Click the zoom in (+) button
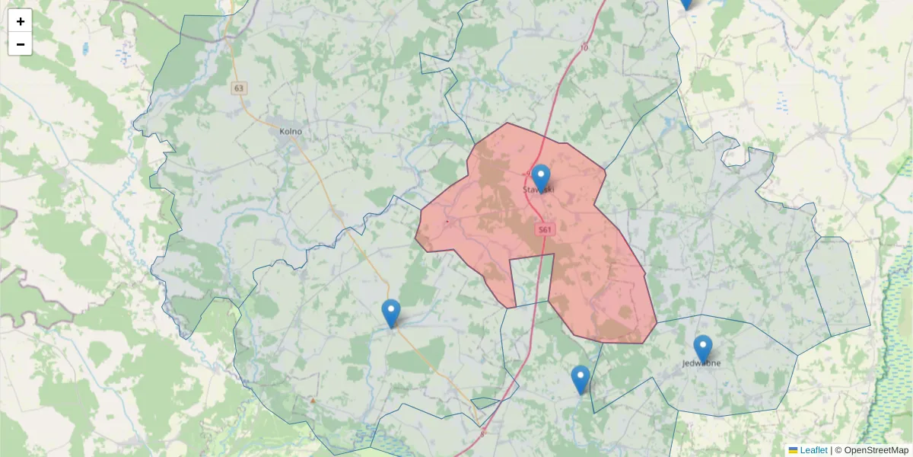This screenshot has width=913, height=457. point(21,21)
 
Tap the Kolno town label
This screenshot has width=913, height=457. point(291,132)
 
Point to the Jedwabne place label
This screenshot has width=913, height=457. point(701,363)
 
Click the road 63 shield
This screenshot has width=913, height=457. point(240,88)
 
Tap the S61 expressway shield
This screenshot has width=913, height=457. point(545,229)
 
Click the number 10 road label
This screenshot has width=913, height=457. point(584,48)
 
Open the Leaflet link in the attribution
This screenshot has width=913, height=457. point(813,450)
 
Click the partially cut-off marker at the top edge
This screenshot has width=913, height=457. point(686,3)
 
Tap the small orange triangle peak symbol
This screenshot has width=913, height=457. point(313,399)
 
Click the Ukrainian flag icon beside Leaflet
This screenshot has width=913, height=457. point(793,450)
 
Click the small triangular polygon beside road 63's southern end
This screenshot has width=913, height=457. point(483,402)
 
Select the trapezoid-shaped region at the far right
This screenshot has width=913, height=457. point(837,286)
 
